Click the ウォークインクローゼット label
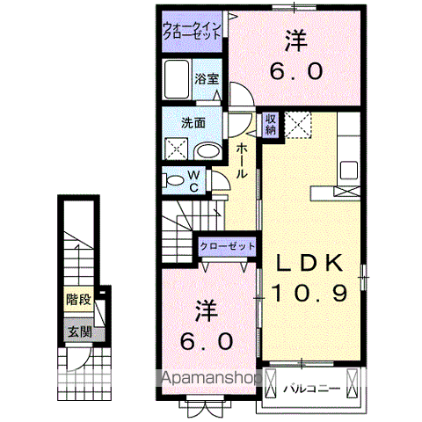tap(192, 31)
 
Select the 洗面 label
tap(193, 124)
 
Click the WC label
tap(195, 179)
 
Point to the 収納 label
tap(271, 124)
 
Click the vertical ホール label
tap(242, 163)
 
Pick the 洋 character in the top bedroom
tap(294, 40)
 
